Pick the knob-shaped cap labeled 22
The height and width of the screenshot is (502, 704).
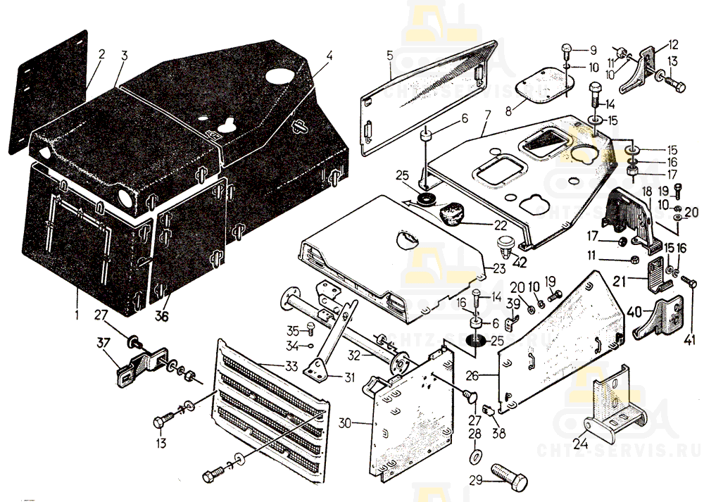(x=454, y=212)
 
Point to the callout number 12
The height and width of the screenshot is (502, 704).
(x=673, y=43)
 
